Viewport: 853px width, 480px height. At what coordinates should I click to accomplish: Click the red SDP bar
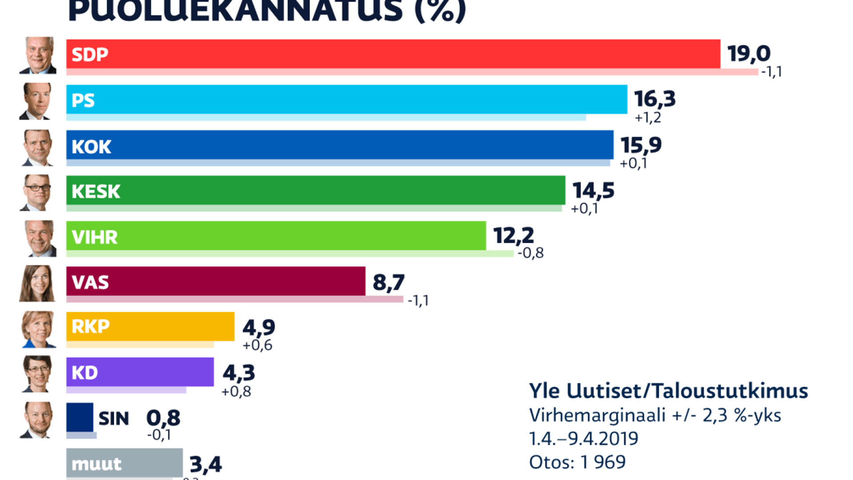click(393, 54)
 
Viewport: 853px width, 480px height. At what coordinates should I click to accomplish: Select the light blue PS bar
click(347, 100)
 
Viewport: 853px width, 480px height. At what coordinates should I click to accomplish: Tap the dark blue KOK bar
click(340, 145)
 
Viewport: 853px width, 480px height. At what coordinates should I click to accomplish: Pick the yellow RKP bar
click(150, 327)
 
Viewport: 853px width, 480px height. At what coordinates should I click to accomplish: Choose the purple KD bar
click(140, 372)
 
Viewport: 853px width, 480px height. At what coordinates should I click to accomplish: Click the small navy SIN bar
click(80, 417)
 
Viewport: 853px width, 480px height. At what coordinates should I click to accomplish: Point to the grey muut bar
click(124, 463)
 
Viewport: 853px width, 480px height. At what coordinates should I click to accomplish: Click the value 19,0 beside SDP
click(749, 54)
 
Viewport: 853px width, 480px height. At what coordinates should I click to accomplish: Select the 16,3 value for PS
click(655, 99)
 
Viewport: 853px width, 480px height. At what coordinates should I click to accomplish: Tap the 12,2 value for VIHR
click(514, 235)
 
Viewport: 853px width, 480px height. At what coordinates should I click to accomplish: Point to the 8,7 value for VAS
click(389, 282)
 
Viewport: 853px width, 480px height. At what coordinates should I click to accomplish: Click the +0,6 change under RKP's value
click(257, 345)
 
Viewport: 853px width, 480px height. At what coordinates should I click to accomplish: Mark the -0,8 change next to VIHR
click(530, 253)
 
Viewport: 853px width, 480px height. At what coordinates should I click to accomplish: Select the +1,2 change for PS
click(648, 118)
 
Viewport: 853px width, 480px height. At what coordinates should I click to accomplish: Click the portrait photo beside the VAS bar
click(38, 284)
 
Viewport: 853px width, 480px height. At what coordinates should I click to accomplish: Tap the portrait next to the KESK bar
click(38, 192)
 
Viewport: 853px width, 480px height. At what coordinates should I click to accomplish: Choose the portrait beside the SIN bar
click(38, 420)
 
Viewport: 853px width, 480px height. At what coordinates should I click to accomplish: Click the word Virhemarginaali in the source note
click(597, 416)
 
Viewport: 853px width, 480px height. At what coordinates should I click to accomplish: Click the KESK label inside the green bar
click(96, 192)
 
